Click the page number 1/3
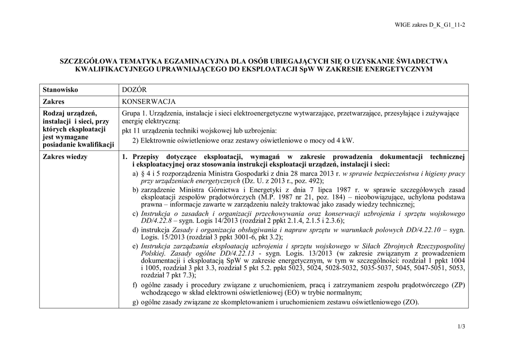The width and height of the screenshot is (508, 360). click(x=461, y=326)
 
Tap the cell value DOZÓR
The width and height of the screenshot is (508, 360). click(x=134, y=89)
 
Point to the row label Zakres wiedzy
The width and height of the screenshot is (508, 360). click(x=65, y=157)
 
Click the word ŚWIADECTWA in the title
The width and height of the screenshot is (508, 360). click(x=423, y=62)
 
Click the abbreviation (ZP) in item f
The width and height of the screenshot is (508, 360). click(x=455, y=285)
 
